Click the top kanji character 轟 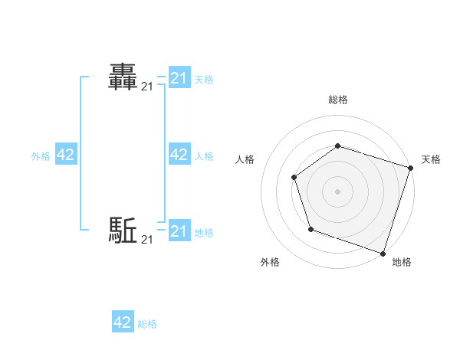tap(123, 77)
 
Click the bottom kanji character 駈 tap(123, 229)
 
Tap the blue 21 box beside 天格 tap(179, 78)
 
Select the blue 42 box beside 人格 tap(179, 155)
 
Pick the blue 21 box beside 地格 tap(179, 231)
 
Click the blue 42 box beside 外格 tap(66, 155)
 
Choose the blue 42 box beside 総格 tap(123, 322)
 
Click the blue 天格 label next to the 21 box tap(204, 79)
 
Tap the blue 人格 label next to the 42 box tap(204, 156)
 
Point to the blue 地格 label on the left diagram tap(204, 233)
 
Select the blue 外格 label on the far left tap(41, 156)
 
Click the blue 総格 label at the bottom tap(147, 324)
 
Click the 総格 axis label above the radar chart tap(338, 100)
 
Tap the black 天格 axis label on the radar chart tap(431, 159)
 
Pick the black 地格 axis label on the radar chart tap(402, 263)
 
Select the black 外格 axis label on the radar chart tap(270, 263)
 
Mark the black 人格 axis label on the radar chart tap(245, 159)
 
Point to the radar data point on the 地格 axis tap(383, 253)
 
